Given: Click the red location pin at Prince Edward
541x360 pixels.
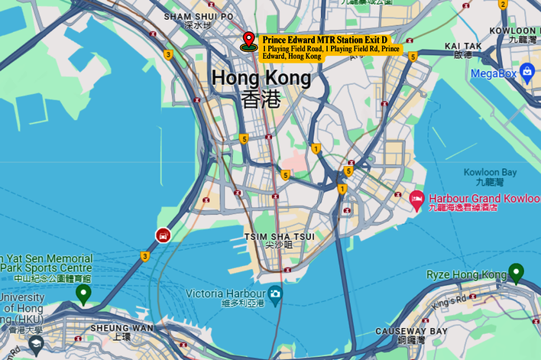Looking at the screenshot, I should pyautogui.click(x=248, y=41).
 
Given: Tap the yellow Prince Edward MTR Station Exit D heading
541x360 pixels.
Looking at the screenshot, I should pyautogui.click(x=325, y=40).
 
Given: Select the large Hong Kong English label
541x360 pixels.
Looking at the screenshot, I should pyautogui.click(x=261, y=78).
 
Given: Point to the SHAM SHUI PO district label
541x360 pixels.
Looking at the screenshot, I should pyautogui.click(x=199, y=16).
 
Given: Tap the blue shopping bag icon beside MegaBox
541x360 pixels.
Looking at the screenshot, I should pyautogui.click(x=526, y=72).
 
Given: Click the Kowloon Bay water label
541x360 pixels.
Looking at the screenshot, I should pyautogui.click(x=490, y=173).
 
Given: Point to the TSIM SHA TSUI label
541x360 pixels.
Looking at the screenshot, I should pyautogui.click(x=279, y=236).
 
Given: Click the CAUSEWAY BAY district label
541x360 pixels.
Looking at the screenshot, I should pyautogui.click(x=410, y=331).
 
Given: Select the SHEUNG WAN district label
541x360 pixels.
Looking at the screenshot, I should pyautogui.click(x=121, y=328).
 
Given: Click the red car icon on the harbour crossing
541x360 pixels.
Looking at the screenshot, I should pyautogui.click(x=163, y=235).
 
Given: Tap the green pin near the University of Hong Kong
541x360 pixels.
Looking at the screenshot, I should pyautogui.click(x=83, y=292).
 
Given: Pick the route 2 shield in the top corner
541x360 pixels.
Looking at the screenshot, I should pyautogui.click(x=503, y=4).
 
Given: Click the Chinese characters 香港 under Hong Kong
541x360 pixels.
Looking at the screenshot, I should pyautogui.click(x=261, y=99).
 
